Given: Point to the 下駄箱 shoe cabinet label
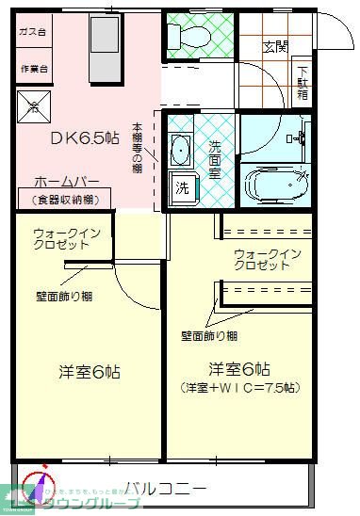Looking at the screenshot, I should [303, 83].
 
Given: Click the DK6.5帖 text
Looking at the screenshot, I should [85, 138].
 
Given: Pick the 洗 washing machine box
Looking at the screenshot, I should [181, 187].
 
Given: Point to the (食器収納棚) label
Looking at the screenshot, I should [65, 200].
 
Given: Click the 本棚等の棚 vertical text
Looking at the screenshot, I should [137, 147].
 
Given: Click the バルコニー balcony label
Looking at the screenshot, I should [165, 488].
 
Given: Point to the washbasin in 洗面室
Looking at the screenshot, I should [180, 151].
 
